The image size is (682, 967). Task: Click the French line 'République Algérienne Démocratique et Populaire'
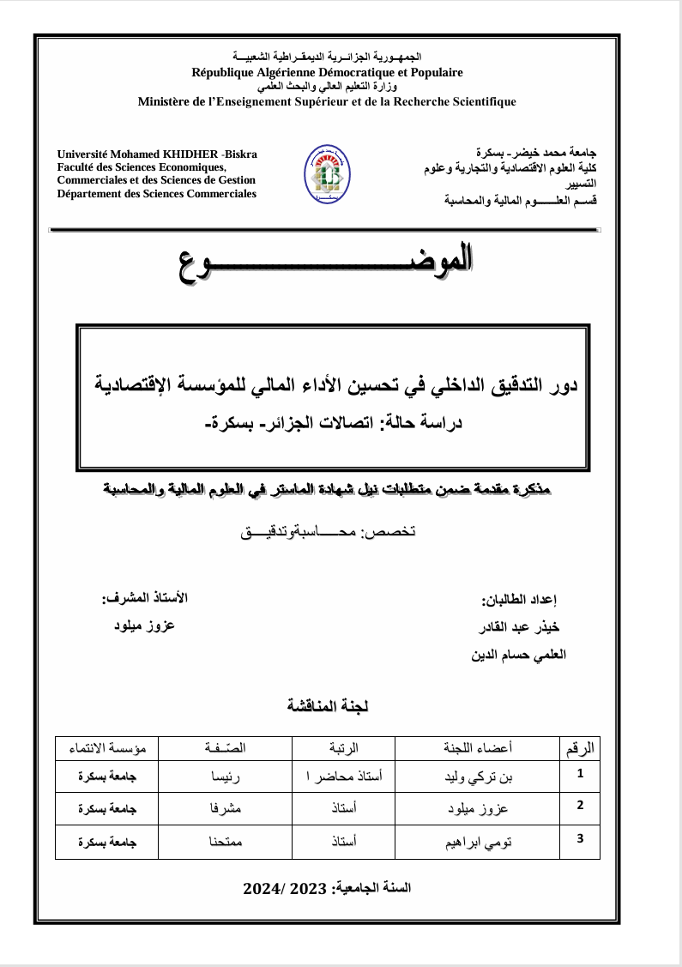coord(327,73)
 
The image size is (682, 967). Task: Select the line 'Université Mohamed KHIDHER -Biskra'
coord(157,154)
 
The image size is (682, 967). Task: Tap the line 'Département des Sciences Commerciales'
coord(156,194)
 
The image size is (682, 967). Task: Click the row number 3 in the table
coord(581,837)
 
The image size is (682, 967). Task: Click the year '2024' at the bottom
coord(268,887)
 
